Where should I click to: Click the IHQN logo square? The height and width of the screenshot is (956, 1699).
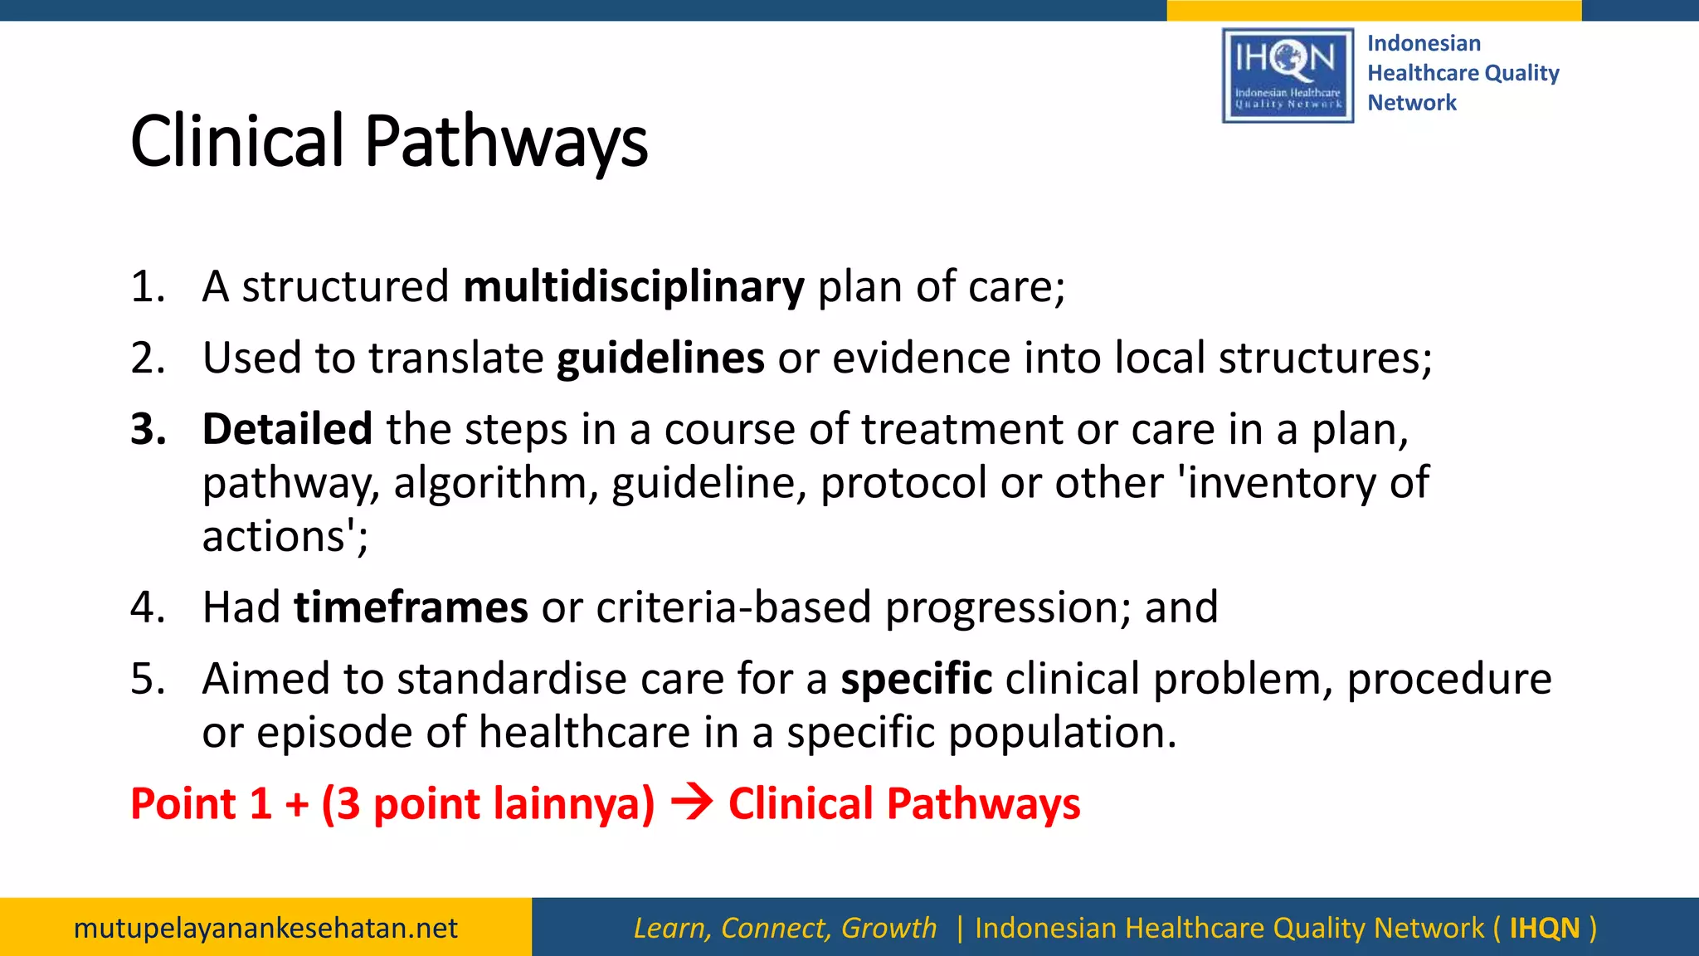coord(1288,76)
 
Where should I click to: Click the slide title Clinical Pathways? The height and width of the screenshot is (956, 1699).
coord(388,142)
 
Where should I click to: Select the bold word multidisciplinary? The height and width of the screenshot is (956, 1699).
coord(634,287)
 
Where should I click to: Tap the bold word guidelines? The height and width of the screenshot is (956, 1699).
coord(660,358)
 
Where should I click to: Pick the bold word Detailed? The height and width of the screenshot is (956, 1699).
coord(287,430)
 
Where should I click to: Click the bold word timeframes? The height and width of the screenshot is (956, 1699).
coord(411,607)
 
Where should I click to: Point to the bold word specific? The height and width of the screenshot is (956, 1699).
coord(916,679)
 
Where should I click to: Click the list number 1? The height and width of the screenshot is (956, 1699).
coord(148,287)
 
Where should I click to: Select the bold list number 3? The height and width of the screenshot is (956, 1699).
coord(148,430)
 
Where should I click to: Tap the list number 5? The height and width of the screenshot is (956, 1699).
coord(148,679)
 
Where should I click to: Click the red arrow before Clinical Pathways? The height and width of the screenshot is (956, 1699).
coord(692,803)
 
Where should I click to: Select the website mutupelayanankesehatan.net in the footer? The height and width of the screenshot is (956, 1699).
coord(265,928)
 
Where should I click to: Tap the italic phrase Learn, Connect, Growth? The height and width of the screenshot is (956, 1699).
coord(785,928)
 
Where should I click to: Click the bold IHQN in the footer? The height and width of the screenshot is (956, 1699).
coord(1544,928)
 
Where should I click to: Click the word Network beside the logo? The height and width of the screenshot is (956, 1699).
coord(1411,103)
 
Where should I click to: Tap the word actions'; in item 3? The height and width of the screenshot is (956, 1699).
coord(285,537)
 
